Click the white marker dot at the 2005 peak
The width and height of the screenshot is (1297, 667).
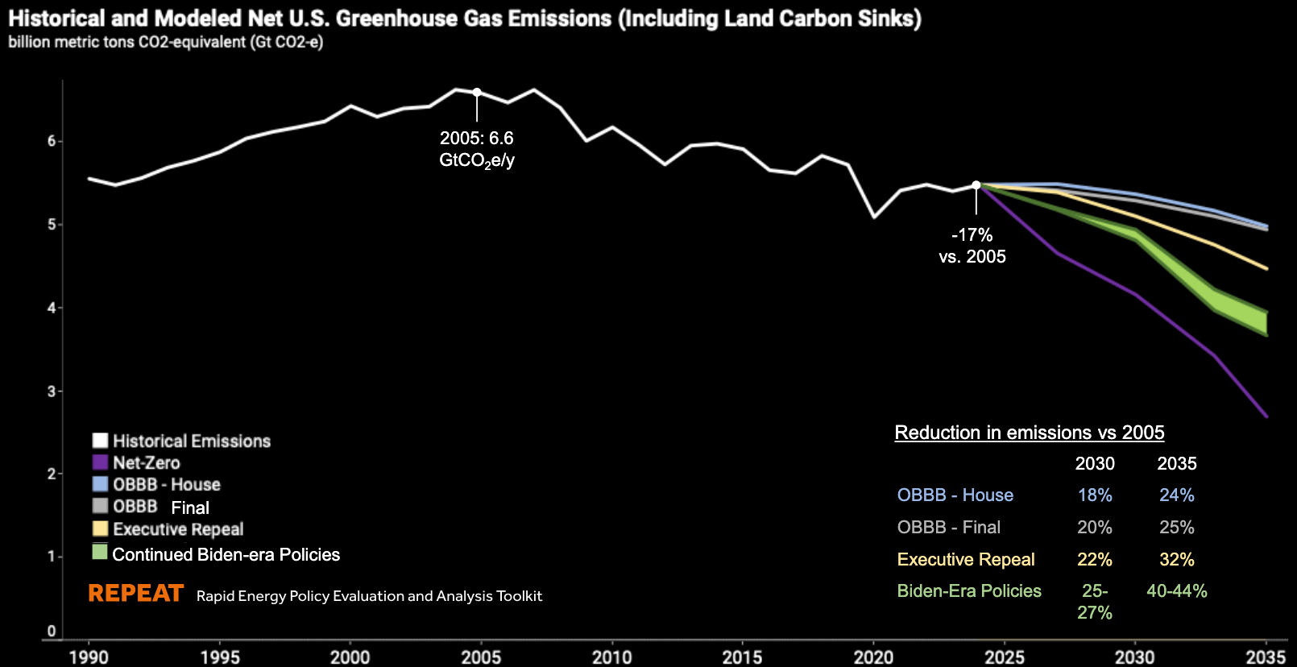pos(477,93)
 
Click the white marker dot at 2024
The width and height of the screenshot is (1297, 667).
pos(976,185)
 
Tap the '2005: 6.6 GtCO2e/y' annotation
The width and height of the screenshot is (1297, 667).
pos(477,149)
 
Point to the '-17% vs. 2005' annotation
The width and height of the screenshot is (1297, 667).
pos(972,246)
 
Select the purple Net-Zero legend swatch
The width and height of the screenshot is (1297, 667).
pos(100,462)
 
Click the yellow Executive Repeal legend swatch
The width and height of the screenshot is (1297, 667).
pos(100,528)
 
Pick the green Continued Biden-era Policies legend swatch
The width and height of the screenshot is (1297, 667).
pos(100,553)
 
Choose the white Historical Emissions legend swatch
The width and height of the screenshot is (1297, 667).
pos(100,441)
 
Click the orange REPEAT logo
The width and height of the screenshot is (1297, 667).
pos(136,594)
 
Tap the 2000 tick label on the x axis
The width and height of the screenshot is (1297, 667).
pos(350,657)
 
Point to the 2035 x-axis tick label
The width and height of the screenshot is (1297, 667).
pos(1266,657)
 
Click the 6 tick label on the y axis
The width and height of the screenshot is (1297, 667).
pos(52,141)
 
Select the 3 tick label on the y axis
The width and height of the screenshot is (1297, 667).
pos(52,391)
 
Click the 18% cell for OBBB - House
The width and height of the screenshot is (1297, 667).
pos(1095,495)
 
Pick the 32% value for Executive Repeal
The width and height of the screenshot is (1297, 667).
pos(1177,560)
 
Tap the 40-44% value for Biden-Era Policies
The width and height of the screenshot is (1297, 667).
pos(1177,591)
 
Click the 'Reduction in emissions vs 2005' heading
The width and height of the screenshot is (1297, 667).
pos(1030,433)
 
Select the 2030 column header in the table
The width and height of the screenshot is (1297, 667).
pos(1095,464)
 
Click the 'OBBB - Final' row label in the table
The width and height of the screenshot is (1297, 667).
pos(949,528)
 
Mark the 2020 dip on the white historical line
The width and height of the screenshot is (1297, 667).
pos(874,217)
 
